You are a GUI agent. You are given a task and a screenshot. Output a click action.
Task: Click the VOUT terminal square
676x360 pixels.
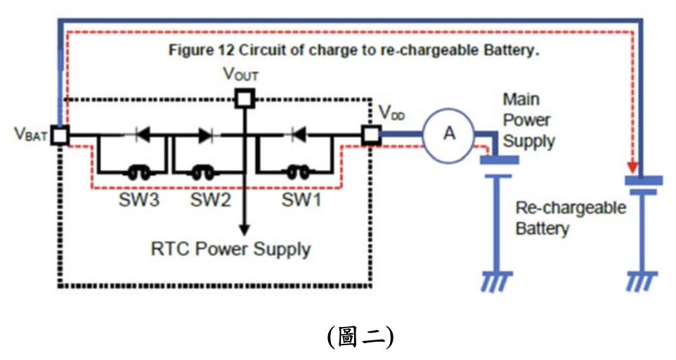tap(244, 98)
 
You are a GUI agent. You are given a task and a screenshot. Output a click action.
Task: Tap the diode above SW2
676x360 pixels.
tap(205, 134)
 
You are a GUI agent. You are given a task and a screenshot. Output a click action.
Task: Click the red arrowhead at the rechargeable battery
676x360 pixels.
tap(633, 169)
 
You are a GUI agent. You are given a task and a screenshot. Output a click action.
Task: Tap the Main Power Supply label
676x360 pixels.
tap(528, 120)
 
